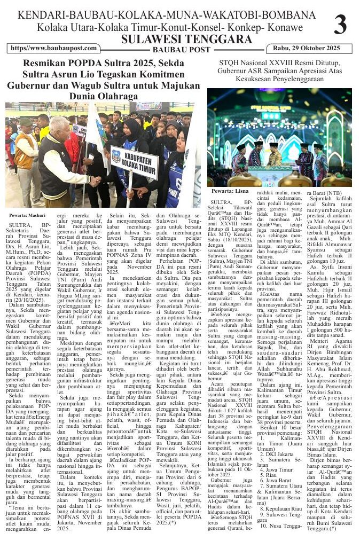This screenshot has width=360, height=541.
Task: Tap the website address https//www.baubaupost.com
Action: coord(53,49)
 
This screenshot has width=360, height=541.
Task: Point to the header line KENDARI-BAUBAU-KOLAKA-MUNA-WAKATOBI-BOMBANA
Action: coord(166,15)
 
